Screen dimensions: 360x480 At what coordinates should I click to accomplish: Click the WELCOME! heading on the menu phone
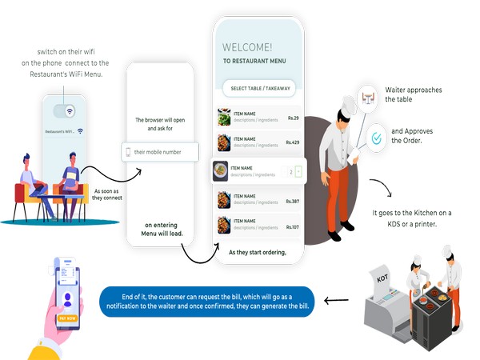pos(247,47)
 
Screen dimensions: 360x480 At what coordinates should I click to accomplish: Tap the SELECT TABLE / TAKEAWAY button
pos(260,88)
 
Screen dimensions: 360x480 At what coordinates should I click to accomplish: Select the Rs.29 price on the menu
pos(292,118)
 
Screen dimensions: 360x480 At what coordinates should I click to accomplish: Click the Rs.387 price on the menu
pos(290,202)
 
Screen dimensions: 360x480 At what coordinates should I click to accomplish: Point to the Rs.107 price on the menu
pos(290,227)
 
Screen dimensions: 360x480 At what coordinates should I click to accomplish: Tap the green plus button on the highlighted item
pos(299,171)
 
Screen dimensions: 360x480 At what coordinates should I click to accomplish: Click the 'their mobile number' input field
pos(159,152)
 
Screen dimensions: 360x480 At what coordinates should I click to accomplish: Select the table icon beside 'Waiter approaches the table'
pos(369,98)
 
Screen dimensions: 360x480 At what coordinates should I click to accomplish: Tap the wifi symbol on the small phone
pos(70,111)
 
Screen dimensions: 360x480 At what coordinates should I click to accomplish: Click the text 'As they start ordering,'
pos(257,253)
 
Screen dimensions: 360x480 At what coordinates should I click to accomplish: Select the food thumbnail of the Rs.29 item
pos(224,118)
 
